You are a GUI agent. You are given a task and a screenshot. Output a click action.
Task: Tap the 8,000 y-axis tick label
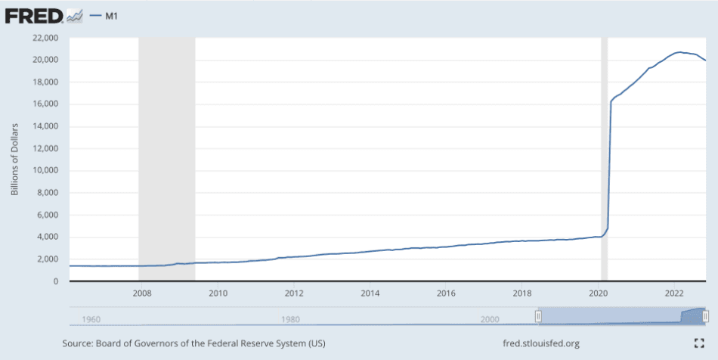point(47,193)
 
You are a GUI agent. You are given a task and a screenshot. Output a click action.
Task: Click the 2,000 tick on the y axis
point(47,259)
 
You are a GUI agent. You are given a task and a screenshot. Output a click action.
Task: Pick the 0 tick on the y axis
point(57,281)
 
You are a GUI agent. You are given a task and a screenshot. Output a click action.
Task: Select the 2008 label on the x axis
point(141,293)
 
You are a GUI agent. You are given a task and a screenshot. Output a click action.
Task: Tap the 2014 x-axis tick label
point(370,293)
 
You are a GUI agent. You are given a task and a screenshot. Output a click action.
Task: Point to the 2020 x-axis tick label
point(598,293)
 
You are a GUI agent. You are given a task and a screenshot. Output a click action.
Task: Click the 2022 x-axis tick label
point(674,293)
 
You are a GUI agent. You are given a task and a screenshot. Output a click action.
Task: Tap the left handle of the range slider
point(538,315)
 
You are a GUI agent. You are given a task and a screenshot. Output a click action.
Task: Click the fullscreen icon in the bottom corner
point(699,344)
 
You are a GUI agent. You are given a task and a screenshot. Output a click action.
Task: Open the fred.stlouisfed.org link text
point(541,344)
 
